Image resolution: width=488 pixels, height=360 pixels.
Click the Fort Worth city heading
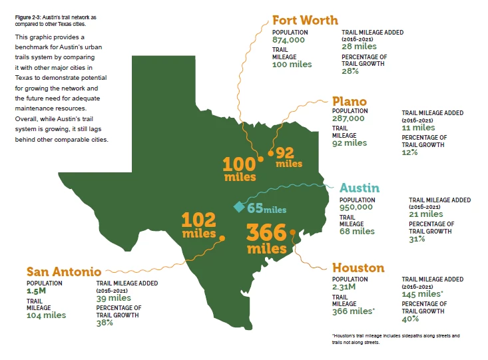click(306, 21)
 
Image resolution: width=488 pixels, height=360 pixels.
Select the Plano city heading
click(349, 102)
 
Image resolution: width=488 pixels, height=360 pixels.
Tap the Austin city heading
click(360, 188)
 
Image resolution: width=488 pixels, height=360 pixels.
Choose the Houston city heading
click(358, 268)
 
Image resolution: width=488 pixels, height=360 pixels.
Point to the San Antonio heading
click(64, 271)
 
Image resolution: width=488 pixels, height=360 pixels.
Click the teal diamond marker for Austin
click(238, 207)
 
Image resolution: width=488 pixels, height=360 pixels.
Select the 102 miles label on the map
click(200, 224)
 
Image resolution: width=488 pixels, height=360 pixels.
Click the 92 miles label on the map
click(289, 156)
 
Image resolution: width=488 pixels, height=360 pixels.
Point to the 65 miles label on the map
click(266, 208)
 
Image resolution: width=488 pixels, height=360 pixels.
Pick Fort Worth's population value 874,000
click(288, 40)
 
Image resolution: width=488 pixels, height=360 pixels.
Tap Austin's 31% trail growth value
click(417, 239)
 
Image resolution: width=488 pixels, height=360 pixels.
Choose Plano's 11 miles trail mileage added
click(418, 127)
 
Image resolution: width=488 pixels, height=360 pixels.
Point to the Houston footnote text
click(395, 339)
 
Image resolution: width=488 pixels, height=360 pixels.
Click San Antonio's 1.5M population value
click(37, 291)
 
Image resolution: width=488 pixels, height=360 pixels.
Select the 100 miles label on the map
click(240, 168)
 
